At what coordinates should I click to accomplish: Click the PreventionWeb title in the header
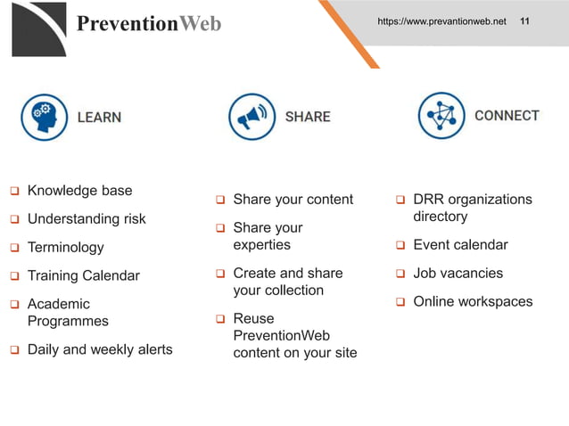(x=148, y=23)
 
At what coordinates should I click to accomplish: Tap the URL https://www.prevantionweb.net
(x=441, y=20)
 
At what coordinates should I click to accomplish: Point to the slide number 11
(x=524, y=20)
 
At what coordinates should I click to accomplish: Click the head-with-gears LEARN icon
(x=44, y=117)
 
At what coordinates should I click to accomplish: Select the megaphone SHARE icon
(x=252, y=117)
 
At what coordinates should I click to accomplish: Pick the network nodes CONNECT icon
(x=441, y=116)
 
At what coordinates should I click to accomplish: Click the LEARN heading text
(x=99, y=117)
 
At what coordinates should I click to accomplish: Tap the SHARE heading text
(x=308, y=117)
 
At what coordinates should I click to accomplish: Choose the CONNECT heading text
(x=507, y=116)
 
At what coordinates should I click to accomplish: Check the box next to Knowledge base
(x=14, y=192)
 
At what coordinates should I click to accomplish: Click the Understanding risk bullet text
(x=87, y=219)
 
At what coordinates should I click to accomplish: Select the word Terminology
(x=65, y=248)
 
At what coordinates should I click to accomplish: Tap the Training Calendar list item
(x=83, y=276)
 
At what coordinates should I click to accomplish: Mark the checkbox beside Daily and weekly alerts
(x=14, y=350)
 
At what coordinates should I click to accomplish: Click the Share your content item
(x=293, y=200)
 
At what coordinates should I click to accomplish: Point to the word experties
(x=261, y=245)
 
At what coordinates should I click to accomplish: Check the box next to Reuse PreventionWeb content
(x=220, y=319)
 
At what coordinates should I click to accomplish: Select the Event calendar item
(x=460, y=245)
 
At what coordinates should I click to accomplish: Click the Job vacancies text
(x=458, y=274)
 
